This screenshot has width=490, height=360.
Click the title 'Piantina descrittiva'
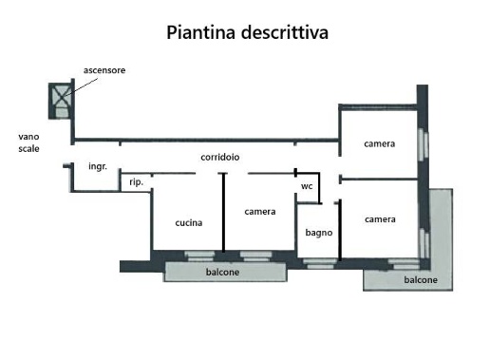coord(247,34)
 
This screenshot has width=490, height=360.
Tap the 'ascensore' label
coord(105,71)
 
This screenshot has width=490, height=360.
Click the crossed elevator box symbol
coord(62,95)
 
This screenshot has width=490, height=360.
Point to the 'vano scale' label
coord(28,142)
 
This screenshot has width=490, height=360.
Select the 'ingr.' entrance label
coord(97,167)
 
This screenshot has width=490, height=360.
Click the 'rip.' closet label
coord(136,182)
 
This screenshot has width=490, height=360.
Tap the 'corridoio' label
coord(219,157)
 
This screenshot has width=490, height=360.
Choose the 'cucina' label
coord(188,223)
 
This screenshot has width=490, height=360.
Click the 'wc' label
coord(307,187)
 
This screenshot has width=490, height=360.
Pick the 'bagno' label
coord(317,233)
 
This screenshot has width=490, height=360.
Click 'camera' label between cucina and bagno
coord(259,211)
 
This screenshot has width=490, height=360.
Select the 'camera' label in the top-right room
coord(379,144)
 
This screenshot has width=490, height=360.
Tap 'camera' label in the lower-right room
coord(380,219)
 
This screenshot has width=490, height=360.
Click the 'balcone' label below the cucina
coord(223,273)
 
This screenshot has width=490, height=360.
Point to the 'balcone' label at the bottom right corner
coord(421,280)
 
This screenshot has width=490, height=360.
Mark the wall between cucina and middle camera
coord(223,213)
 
